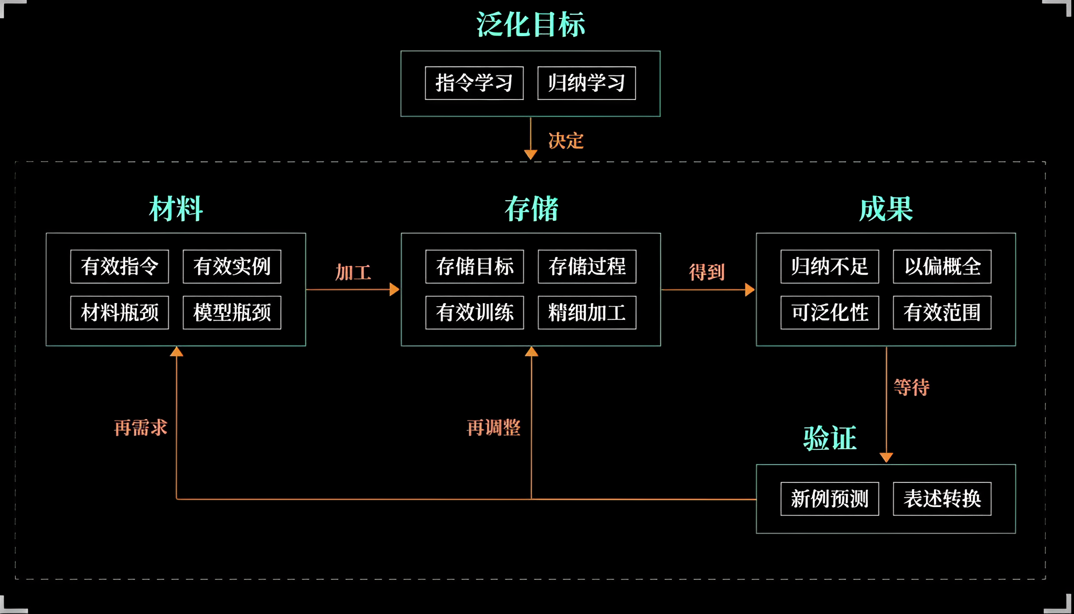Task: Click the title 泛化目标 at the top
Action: pos(530,25)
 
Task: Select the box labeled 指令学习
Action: pos(474,83)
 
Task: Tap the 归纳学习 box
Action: pos(586,83)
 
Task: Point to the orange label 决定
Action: pos(565,141)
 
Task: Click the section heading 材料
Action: pos(176,209)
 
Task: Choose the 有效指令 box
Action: pos(120,266)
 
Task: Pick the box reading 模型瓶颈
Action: pos(232,313)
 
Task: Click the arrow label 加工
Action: pos(353,272)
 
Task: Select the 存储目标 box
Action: pos(475,266)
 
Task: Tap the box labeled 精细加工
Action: pos(587,313)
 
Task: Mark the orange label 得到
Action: pos(706,272)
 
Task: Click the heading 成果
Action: pos(886,209)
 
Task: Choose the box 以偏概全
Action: pos(942,266)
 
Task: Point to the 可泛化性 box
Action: pos(830,313)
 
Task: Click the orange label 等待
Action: pos(911,387)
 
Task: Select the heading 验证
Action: pos(830,438)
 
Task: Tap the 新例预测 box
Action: pos(830,499)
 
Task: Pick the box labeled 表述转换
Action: pos(942,499)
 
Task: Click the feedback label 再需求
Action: pos(141,427)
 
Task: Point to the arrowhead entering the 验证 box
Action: pos(886,458)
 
